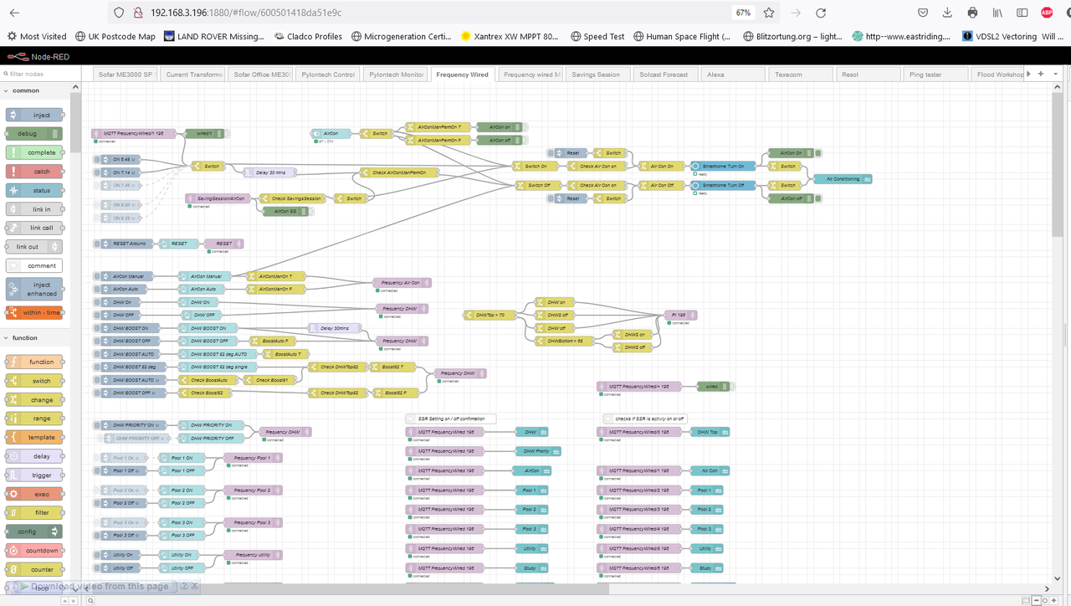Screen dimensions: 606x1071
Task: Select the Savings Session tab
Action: [596, 74]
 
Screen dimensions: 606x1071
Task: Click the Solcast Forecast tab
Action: [663, 74]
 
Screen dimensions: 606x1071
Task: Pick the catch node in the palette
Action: [34, 172]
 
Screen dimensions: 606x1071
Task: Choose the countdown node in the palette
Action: [34, 551]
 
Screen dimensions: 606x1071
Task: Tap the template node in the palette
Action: [34, 438]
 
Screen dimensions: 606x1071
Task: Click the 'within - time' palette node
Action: [34, 312]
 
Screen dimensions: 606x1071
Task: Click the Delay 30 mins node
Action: [271, 172]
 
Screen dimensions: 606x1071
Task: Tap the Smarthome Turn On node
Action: [723, 166]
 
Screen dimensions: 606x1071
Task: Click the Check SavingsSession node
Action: [295, 198]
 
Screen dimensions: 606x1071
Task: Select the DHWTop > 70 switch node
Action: [489, 315]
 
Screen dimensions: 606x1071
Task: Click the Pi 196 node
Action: [680, 315]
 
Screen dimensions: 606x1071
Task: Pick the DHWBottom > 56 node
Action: [565, 341]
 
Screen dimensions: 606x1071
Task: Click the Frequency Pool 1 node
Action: [253, 458]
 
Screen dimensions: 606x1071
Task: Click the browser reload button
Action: [821, 13]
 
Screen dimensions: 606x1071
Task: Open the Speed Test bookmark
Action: [597, 37]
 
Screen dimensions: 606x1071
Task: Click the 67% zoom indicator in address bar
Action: [743, 13]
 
